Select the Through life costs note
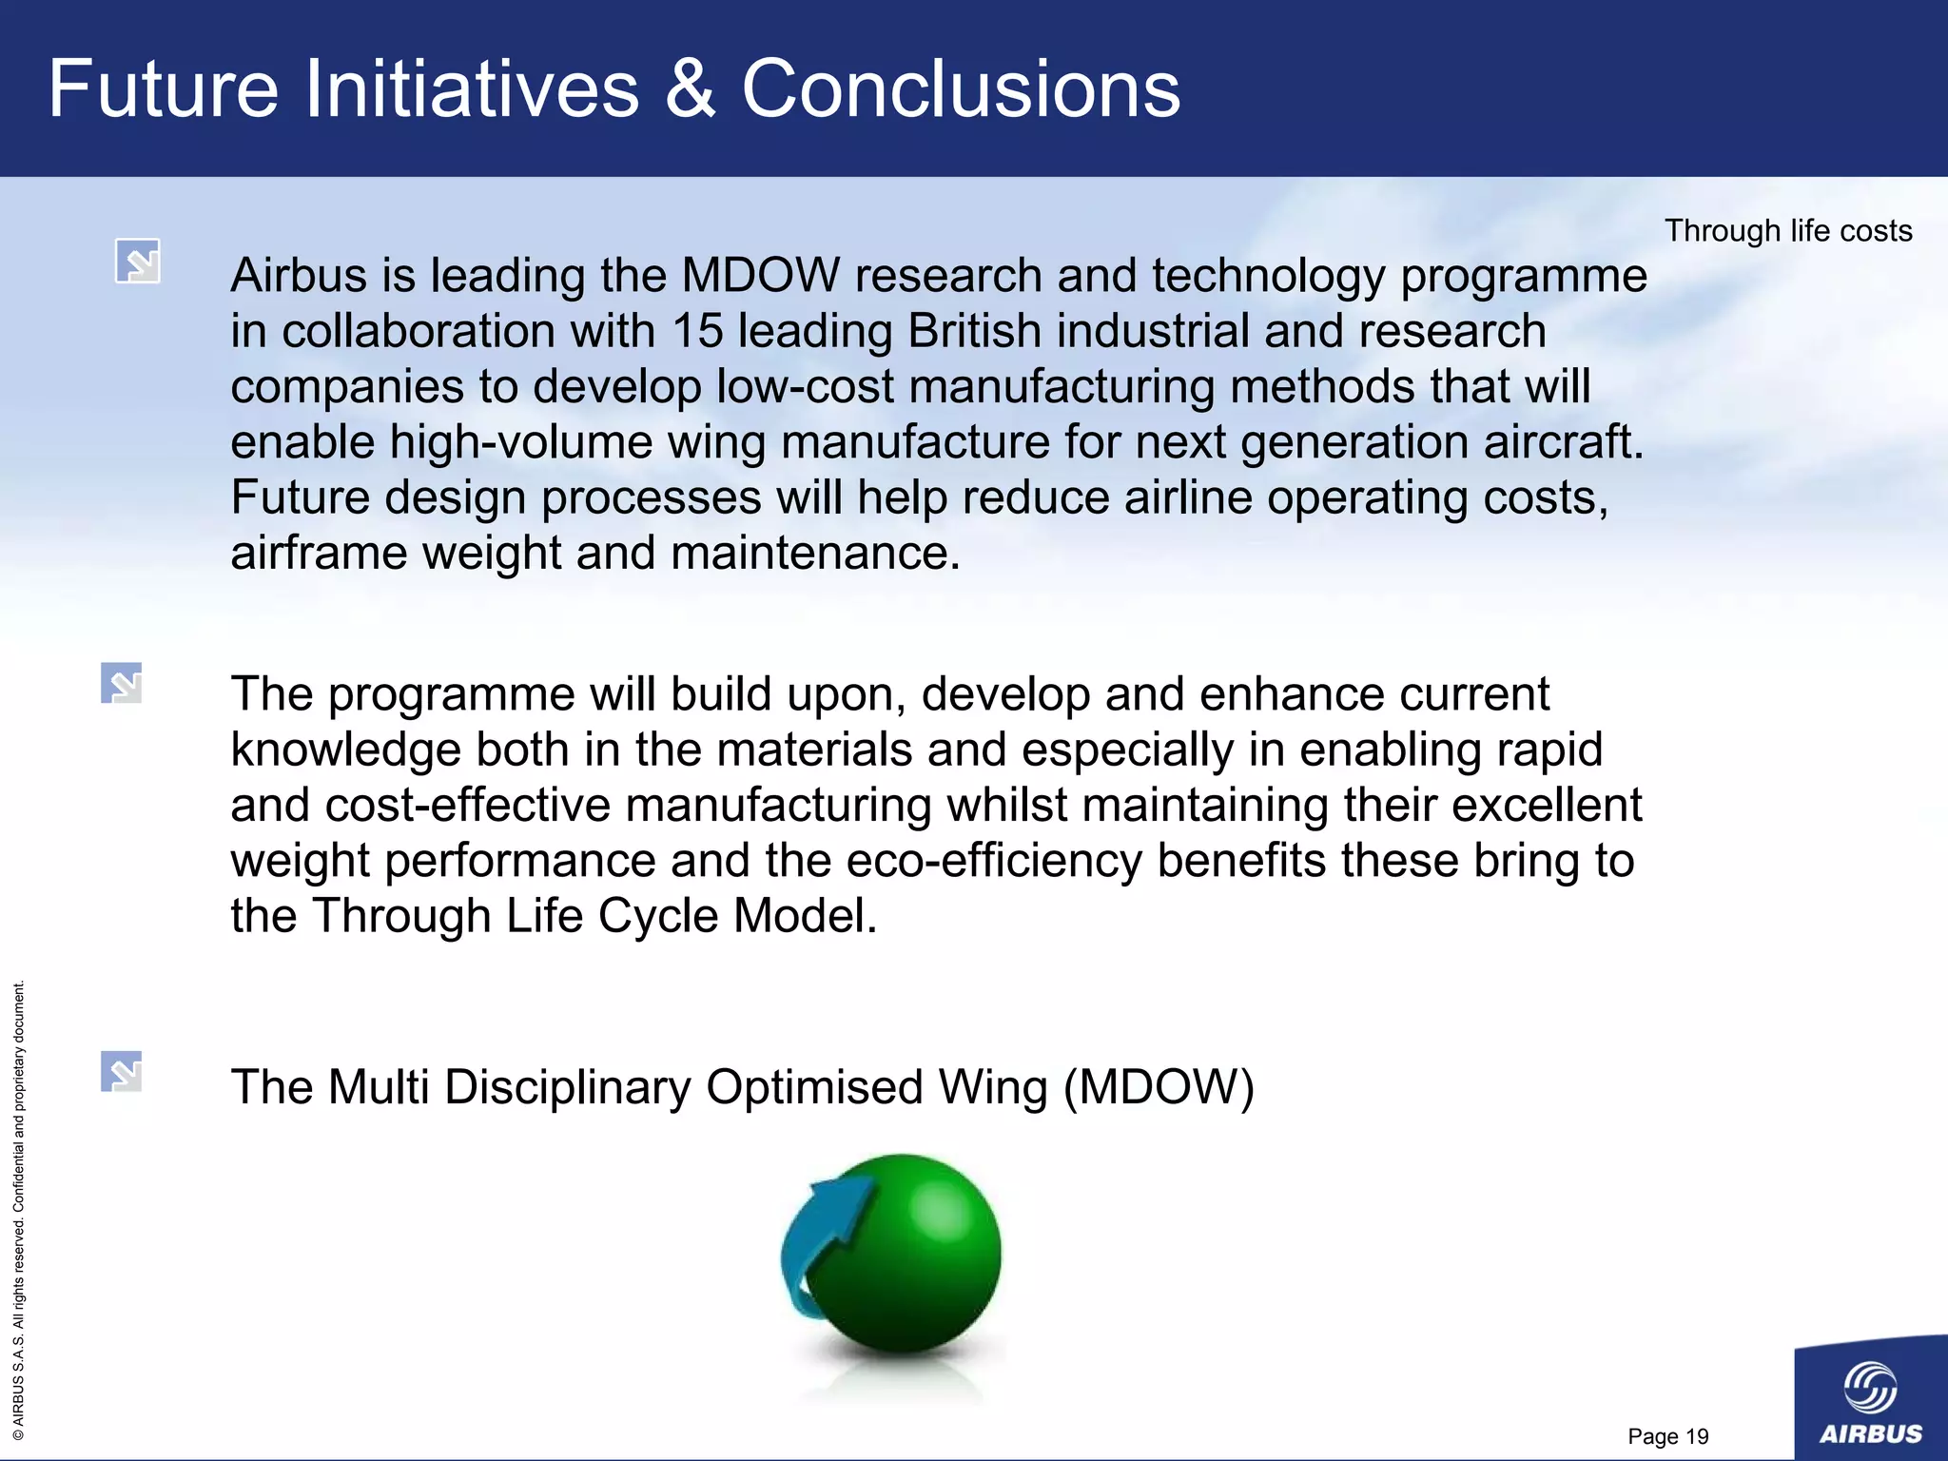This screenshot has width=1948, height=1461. click(1788, 231)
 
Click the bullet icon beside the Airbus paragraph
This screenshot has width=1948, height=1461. click(138, 261)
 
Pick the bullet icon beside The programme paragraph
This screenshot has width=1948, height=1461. click(122, 683)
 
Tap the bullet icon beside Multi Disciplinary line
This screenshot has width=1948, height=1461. click(122, 1071)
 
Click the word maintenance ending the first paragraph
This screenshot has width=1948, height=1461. click(815, 554)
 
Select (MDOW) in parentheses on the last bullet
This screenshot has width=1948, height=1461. click(1159, 1087)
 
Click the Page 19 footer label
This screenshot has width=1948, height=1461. click(1668, 1436)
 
